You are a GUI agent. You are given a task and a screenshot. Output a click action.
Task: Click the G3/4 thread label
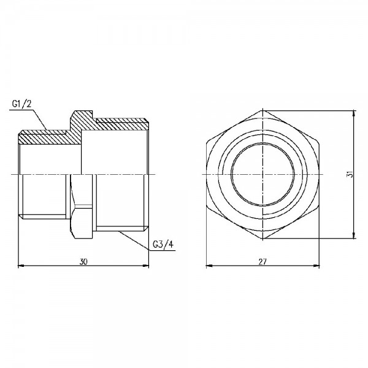pos(163,246)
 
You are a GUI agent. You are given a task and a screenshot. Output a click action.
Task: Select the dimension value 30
pos(83,261)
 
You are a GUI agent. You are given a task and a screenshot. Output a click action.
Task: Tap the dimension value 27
pos(262,261)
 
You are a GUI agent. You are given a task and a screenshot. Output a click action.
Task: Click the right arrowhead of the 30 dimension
pos(147,266)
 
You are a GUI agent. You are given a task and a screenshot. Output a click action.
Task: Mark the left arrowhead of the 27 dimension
pos(207,266)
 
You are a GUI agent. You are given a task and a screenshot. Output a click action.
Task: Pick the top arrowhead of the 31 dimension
pos(354,113)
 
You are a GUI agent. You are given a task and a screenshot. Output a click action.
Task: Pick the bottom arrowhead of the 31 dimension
pos(354,236)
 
